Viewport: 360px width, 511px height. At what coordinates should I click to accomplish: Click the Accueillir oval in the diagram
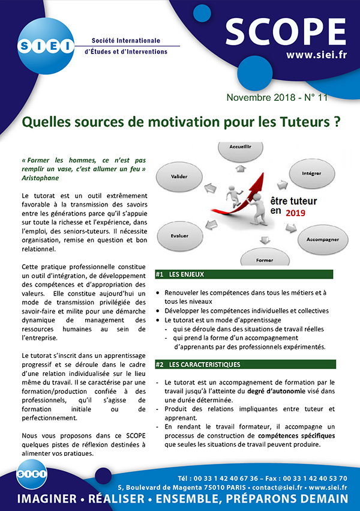click(239, 147)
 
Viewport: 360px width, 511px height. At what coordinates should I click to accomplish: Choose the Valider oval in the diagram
click(179, 177)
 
